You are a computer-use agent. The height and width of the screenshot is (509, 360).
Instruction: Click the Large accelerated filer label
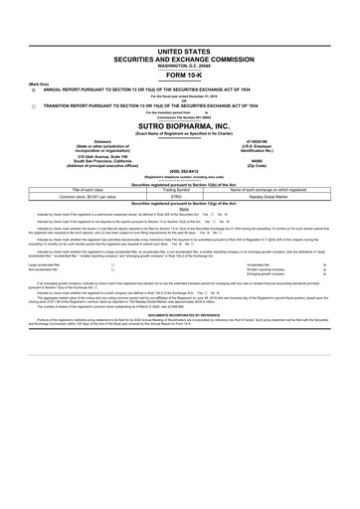coord(26,265)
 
